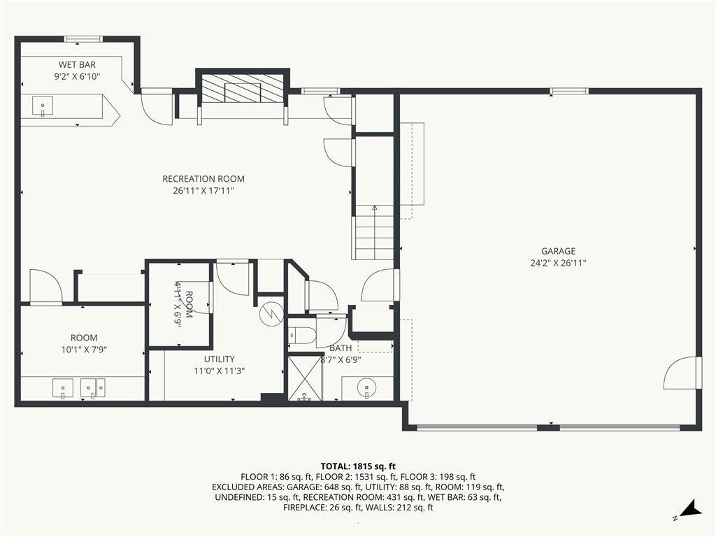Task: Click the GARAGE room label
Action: pos(558,251)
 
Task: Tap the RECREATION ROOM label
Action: pos(203,179)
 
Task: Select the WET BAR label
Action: pos(77,64)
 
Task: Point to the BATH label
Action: pos(341,348)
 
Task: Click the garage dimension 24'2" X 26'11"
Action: pos(558,264)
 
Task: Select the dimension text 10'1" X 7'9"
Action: pos(83,350)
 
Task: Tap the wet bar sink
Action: pos(43,107)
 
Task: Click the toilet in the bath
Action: pos(299,334)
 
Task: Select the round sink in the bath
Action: pos(366,387)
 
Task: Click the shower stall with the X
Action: pos(305,378)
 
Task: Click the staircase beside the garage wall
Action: pos(374,236)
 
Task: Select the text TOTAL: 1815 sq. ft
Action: pos(358,466)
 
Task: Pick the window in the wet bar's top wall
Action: pos(83,39)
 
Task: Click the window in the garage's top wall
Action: pos(568,91)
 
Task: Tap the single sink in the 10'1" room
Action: pos(62,388)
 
